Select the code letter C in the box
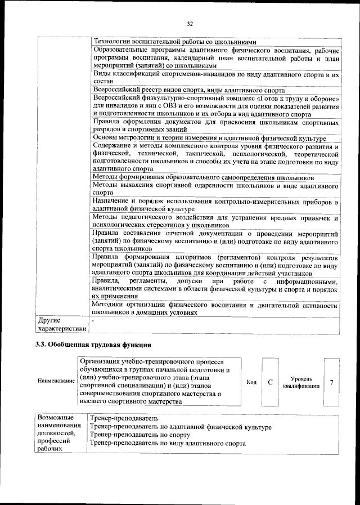click(271, 382)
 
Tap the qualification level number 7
click(332, 382)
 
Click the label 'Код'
click(251, 383)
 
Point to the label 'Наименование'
click(56, 381)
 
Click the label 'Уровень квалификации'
click(301, 382)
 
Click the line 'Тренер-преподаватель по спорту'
click(139, 435)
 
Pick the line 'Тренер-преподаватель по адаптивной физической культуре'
click(180, 427)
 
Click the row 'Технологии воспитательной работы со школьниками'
click(174, 42)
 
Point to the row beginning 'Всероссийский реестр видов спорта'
click(189, 90)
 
